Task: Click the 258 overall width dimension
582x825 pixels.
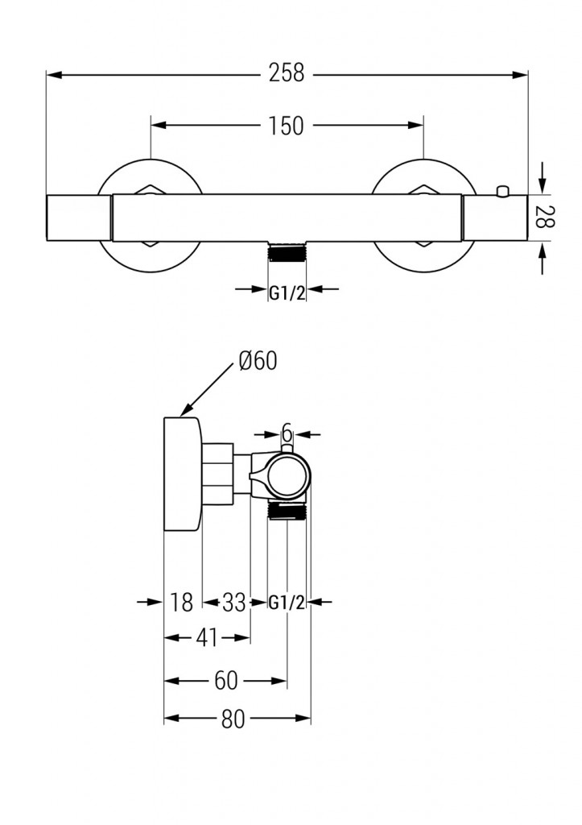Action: pos(287,74)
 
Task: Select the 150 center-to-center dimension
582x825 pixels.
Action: pos(287,125)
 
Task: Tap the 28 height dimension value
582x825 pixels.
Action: pos(545,218)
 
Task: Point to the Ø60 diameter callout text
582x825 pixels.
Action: pos(258,362)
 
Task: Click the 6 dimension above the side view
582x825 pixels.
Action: pos(287,433)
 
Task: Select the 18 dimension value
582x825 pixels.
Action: pos(182,602)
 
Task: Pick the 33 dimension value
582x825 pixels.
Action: pos(233,602)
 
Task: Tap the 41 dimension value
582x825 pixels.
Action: pos(207,637)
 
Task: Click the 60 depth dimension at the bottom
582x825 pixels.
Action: pos(226,681)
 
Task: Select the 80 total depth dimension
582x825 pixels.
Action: pos(233,719)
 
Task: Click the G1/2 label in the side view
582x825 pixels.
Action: pos(287,603)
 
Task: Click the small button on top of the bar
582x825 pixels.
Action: pos(503,191)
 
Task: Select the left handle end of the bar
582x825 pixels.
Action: pos(77,218)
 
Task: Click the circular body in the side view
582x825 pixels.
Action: pos(287,475)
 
